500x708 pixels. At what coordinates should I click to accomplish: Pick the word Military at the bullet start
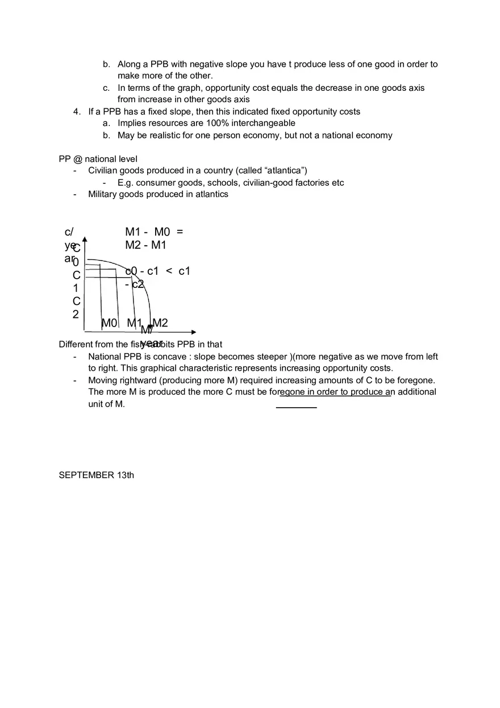coord(104,194)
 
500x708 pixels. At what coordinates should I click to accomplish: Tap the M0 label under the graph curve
coord(109,323)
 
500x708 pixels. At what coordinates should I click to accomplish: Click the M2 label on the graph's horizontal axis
coord(160,323)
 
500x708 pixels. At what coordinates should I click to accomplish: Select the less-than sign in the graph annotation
coord(169,271)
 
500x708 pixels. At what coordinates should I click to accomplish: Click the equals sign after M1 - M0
coord(180,232)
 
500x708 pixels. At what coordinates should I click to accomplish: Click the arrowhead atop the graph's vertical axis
coord(84,240)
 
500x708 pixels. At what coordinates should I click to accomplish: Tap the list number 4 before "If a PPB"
coord(76,112)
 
